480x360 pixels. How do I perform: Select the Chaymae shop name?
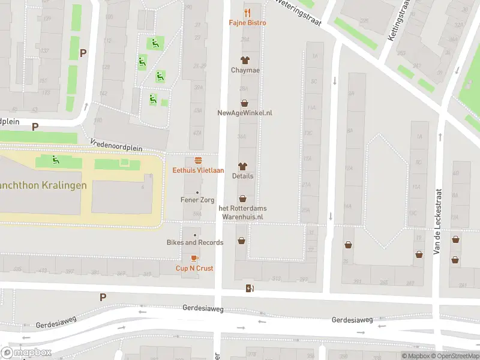point(244,70)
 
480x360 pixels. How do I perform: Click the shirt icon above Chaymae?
point(244,60)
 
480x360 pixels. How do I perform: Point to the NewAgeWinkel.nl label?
point(245,113)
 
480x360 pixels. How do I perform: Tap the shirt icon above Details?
point(243,166)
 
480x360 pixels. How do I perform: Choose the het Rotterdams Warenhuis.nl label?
point(242,212)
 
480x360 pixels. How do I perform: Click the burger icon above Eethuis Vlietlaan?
point(198,161)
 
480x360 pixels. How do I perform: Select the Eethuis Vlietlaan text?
point(198,170)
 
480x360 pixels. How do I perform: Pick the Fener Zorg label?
point(197,200)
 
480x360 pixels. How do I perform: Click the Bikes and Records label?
point(195,242)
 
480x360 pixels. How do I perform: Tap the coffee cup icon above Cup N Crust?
point(194,258)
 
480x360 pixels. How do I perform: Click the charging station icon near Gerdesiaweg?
point(250,289)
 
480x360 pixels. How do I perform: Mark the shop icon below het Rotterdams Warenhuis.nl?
point(241,241)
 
